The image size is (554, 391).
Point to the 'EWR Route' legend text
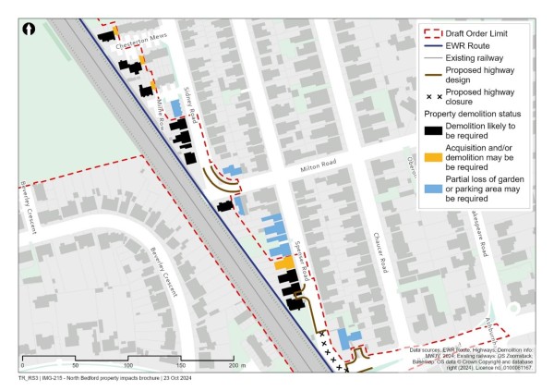tap(469, 45)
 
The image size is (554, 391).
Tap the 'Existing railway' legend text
tap(478, 58)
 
